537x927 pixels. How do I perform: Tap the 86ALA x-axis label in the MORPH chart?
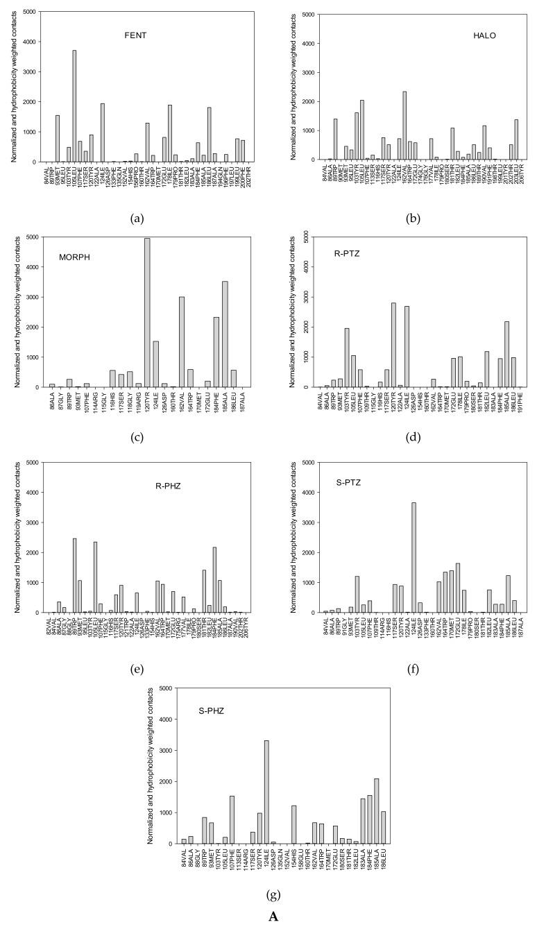53,400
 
